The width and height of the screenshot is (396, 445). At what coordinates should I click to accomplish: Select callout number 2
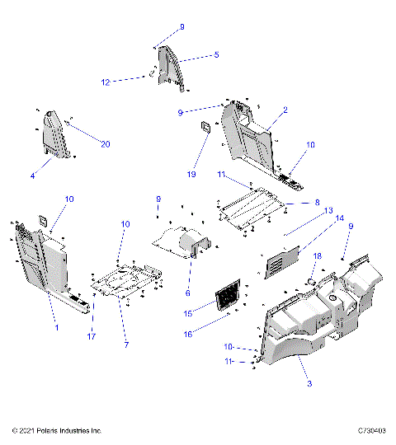[285, 110]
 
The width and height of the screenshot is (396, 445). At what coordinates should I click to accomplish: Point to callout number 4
[33, 176]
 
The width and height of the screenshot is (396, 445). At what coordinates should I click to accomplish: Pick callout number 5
[216, 55]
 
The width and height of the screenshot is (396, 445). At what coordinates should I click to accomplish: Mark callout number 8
[316, 202]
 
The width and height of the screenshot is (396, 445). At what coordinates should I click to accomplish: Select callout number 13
[328, 210]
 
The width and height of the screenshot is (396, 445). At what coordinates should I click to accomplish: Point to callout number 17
[92, 335]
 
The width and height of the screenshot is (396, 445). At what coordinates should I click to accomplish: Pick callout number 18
[315, 257]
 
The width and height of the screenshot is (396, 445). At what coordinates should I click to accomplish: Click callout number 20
[105, 145]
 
